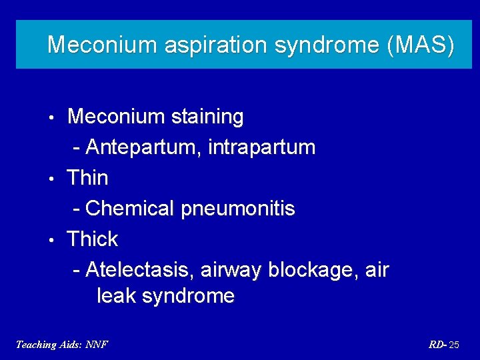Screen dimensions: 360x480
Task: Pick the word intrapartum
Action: (x=261, y=147)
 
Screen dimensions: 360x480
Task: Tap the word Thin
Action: (x=87, y=178)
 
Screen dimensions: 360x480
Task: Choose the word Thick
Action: (x=92, y=239)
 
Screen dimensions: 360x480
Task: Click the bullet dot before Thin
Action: (x=51, y=179)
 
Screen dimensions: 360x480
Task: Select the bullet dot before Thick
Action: (x=51, y=241)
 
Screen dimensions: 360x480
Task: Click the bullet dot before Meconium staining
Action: (x=51, y=118)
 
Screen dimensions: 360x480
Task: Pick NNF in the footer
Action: (x=97, y=345)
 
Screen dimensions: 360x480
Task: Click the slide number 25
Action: (x=453, y=345)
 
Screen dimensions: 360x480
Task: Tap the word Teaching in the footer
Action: (x=37, y=345)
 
